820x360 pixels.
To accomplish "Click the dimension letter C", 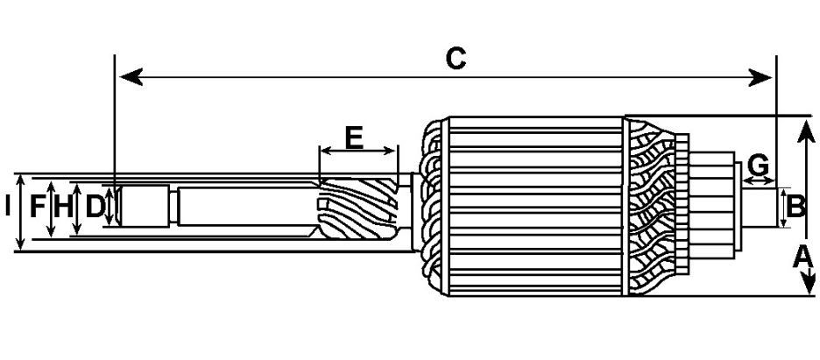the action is coord(456,59).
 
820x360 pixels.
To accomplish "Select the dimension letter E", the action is coord(354,138).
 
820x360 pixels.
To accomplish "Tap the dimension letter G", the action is coord(759,166).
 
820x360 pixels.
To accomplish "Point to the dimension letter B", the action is coord(796,207).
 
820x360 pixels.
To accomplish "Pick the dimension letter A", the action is coord(802,258).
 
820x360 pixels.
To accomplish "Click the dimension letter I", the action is coord(7,207).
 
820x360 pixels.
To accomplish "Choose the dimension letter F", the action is coord(37,207).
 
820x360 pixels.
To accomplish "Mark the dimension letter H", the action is coord(63,207).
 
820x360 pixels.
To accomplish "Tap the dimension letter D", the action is coord(95,207).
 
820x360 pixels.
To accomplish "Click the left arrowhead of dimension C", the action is coord(131,77).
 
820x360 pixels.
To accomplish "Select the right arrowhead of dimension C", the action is coord(760,77).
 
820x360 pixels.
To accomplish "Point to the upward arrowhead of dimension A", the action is coord(806,131).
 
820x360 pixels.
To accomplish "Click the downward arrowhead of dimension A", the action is coord(808,282).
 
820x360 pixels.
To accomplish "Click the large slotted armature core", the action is coord(535,206).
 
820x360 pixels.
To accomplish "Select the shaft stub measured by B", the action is coord(759,208).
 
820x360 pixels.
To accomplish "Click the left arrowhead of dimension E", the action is coord(326,151).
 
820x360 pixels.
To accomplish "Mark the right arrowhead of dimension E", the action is coord(390,151).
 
